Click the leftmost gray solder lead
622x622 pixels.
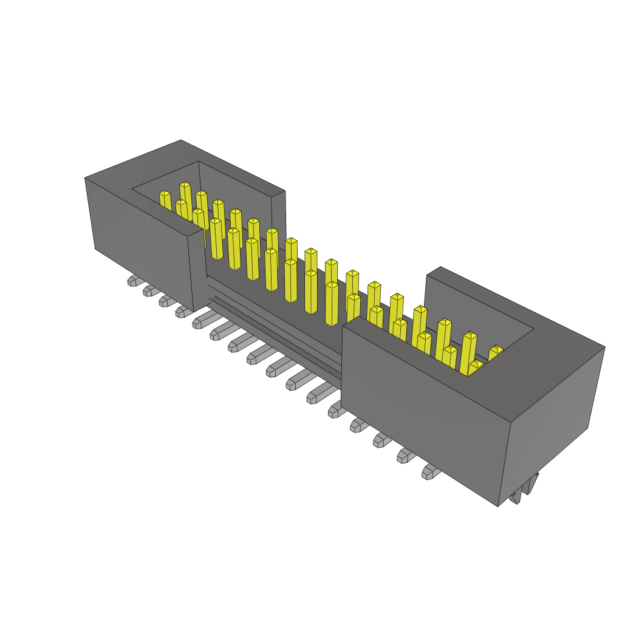pos(133,281)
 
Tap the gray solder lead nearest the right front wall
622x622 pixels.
pos(431,471)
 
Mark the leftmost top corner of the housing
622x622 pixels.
pos(85,178)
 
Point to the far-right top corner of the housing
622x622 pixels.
pos(604,347)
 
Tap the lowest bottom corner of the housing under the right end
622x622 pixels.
pos(498,506)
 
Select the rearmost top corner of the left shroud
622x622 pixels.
pos(181,140)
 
